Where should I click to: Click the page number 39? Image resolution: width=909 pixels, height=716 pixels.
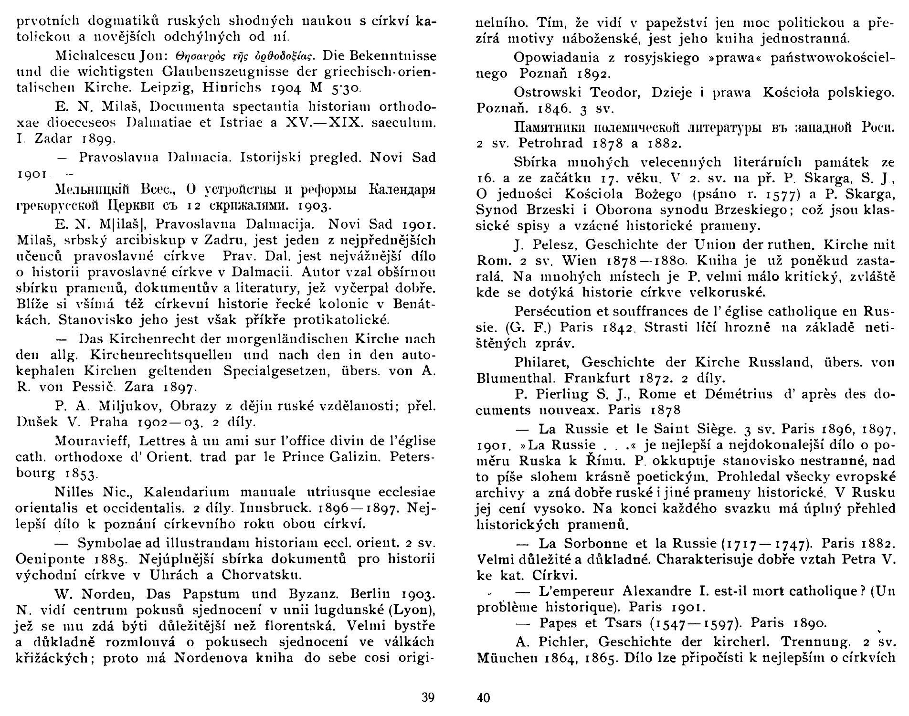coord(428,697)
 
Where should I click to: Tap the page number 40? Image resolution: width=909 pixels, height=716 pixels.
coord(484,698)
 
